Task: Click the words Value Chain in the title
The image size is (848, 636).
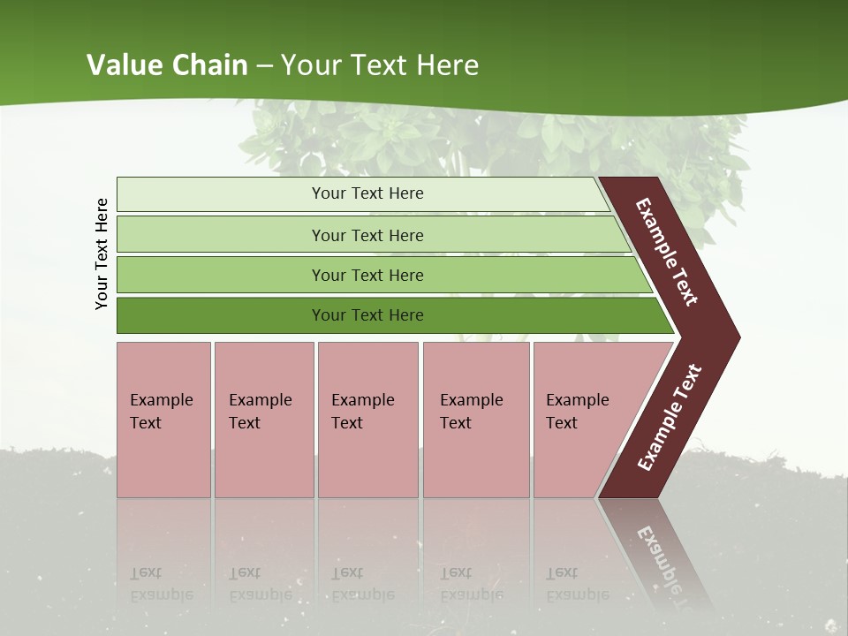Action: click(167, 65)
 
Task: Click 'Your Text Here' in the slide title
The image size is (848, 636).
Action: click(380, 65)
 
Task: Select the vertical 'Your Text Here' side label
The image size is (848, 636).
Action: click(102, 254)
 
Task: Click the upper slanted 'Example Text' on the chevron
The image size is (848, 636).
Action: click(667, 252)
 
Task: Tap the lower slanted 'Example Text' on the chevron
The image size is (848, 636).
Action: click(670, 417)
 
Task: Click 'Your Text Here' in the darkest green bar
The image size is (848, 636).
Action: click(367, 315)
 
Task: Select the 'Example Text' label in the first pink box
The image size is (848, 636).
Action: click(161, 412)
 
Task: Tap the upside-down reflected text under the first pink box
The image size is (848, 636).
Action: click(161, 584)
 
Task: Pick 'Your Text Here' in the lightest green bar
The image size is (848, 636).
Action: click(367, 193)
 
